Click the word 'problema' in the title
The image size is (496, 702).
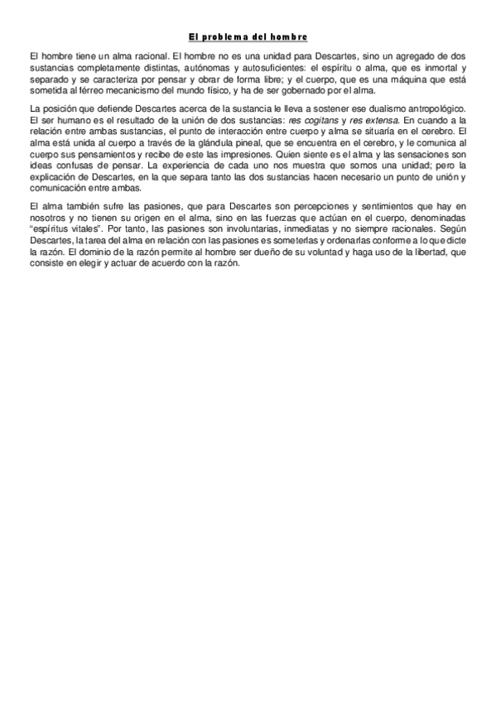click(240, 37)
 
